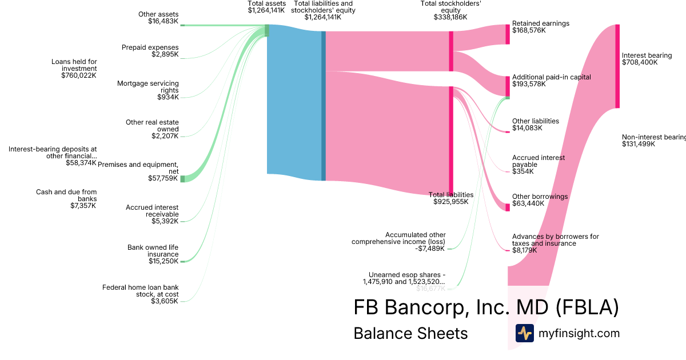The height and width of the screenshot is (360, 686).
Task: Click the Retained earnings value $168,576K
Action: [x=529, y=30]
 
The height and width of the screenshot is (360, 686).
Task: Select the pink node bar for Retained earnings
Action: [x=507, y=34]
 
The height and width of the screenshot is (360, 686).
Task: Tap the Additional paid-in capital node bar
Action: [x=507, y=86]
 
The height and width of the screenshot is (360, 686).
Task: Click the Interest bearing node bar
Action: [x=617, y=66]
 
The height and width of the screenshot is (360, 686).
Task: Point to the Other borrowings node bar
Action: [x=507, y=207]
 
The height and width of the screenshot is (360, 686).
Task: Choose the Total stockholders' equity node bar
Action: [x=451, y=51]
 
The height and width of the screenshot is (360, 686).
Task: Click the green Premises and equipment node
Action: [x=182, y=179]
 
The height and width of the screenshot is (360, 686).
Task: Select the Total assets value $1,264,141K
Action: [x=266, y=10]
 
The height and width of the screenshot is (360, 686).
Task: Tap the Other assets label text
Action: [x=158, y=14]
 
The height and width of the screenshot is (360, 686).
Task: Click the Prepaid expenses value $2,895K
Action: [x=165, y=54]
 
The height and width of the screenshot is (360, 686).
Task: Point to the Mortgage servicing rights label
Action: [x=148, y=87]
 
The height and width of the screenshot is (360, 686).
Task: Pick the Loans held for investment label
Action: [x=74, y=65]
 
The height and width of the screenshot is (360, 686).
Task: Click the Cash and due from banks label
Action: [x=66, y=195]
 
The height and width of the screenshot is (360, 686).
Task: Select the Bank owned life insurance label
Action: [x=153, y=251]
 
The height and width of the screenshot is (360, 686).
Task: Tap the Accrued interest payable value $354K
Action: [x=523, y=171]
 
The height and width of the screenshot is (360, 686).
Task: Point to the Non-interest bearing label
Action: [x=653, y=137]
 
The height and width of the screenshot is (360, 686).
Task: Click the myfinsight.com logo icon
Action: [x=524, y=333]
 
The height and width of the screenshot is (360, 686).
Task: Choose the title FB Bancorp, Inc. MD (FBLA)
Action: [x=486, y=307]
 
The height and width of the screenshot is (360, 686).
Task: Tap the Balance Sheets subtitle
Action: [x=410, y=333]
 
